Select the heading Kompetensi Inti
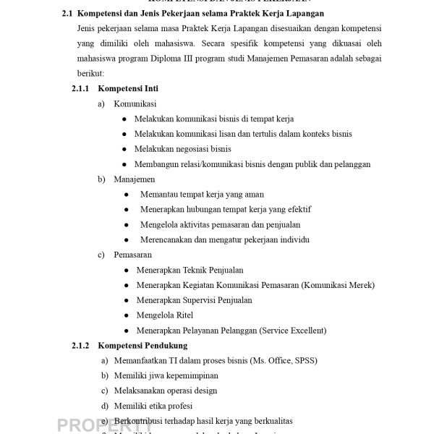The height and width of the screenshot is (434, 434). (x=128, y=88)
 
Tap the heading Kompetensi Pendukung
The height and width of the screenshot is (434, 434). (x=142, y=345)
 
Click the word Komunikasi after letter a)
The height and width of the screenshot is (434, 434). (x=135, y=103)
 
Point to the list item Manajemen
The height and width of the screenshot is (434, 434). (x=134, y=179)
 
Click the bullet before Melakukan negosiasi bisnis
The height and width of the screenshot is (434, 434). (x=126, y=149)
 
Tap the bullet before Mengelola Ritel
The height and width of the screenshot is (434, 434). (x=127, y=315)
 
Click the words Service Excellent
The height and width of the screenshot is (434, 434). (x=292, y=331)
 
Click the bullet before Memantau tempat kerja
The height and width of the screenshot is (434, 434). (x=127, y=195)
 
